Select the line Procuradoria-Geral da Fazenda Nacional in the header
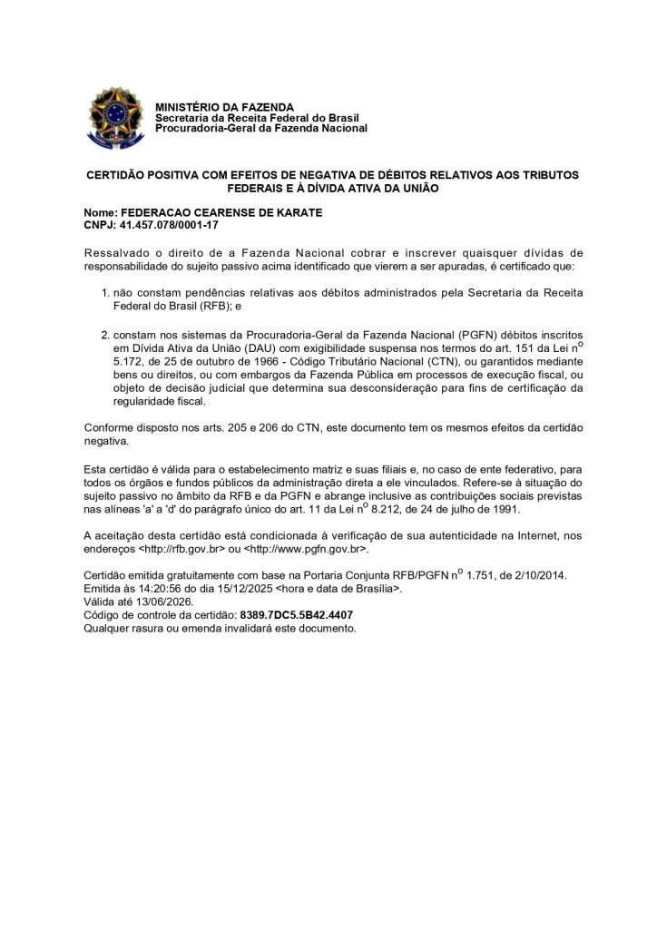tap(261, 128)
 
